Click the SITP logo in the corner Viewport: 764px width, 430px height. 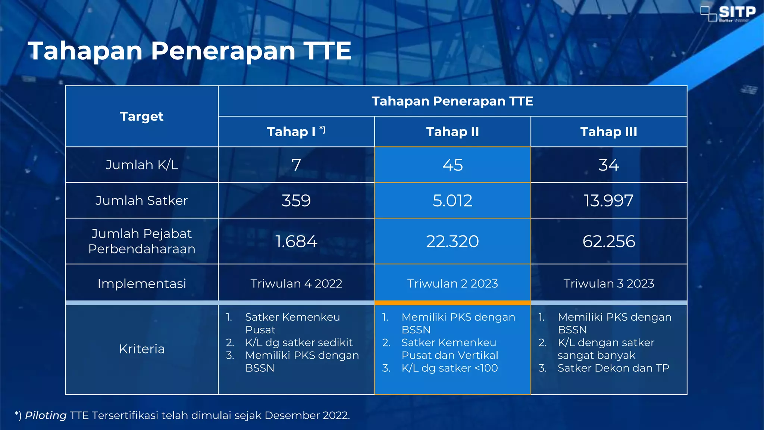pos(728,14)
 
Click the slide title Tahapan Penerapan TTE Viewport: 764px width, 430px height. pos(190,51)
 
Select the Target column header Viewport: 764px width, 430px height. pos(141,116)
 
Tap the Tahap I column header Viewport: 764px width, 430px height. pos(296,131)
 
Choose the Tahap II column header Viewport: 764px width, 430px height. pos(452,131)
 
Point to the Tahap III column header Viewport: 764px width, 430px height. pos(608,131)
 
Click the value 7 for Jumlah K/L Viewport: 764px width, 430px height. pos(296,165)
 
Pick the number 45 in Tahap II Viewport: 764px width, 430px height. pos(453,165)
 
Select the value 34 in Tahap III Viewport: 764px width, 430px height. pos(608,165)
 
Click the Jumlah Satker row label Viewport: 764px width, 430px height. pos(141,200)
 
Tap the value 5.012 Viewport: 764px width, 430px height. pos(453,200)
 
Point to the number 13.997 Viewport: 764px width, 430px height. pos(608,200)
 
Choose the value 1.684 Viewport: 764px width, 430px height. pos(296,241)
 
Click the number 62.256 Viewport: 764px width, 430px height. pos(608,241)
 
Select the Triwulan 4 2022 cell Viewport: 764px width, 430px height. pos(296,283)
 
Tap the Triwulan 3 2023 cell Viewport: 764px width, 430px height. pos(608,283)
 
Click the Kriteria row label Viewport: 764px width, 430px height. pos(142,349)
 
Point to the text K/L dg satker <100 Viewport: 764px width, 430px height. pos(449,368)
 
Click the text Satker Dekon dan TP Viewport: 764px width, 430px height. pos(613,368)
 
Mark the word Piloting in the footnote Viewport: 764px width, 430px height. pos(46,415)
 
